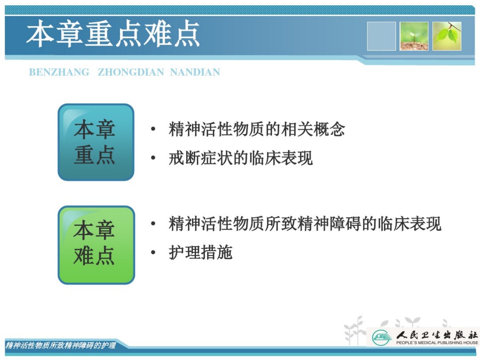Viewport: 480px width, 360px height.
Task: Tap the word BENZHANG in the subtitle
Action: (x=59, y=72)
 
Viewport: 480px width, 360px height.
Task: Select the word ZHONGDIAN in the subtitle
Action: (x=131, y=72)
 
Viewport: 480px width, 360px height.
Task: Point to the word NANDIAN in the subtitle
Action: (x=195, y=72)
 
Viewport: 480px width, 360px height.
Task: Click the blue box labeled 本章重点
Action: (x=96, y=142)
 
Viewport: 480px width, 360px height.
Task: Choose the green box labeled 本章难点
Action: (x=96, y=245)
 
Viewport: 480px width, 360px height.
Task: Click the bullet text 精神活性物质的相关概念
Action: (x=257, y=129)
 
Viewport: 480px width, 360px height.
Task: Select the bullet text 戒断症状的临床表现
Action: (x=241, y=158)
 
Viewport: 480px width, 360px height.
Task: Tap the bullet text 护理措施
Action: (x=200, y=252)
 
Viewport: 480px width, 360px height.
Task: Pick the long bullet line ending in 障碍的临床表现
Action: (x=305, y=223)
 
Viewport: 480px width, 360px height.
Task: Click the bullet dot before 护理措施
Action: (x=153, y=252)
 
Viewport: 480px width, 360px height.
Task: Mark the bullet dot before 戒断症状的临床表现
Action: (x=153, y=158)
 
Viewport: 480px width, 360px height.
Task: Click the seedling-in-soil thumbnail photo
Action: (x=414, y=36)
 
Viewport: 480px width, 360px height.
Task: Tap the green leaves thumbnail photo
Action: (x=447, y=36)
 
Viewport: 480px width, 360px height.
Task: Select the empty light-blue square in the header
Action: (x=381, y=36)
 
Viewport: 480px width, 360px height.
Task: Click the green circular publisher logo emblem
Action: (x=382, y=337)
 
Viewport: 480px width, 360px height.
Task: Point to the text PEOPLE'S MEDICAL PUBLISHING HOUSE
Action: (x=437, y=343)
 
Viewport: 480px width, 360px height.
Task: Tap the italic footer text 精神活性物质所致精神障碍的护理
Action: (x=61, y=345)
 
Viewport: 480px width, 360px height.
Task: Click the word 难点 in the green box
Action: (x=94, y=255)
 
